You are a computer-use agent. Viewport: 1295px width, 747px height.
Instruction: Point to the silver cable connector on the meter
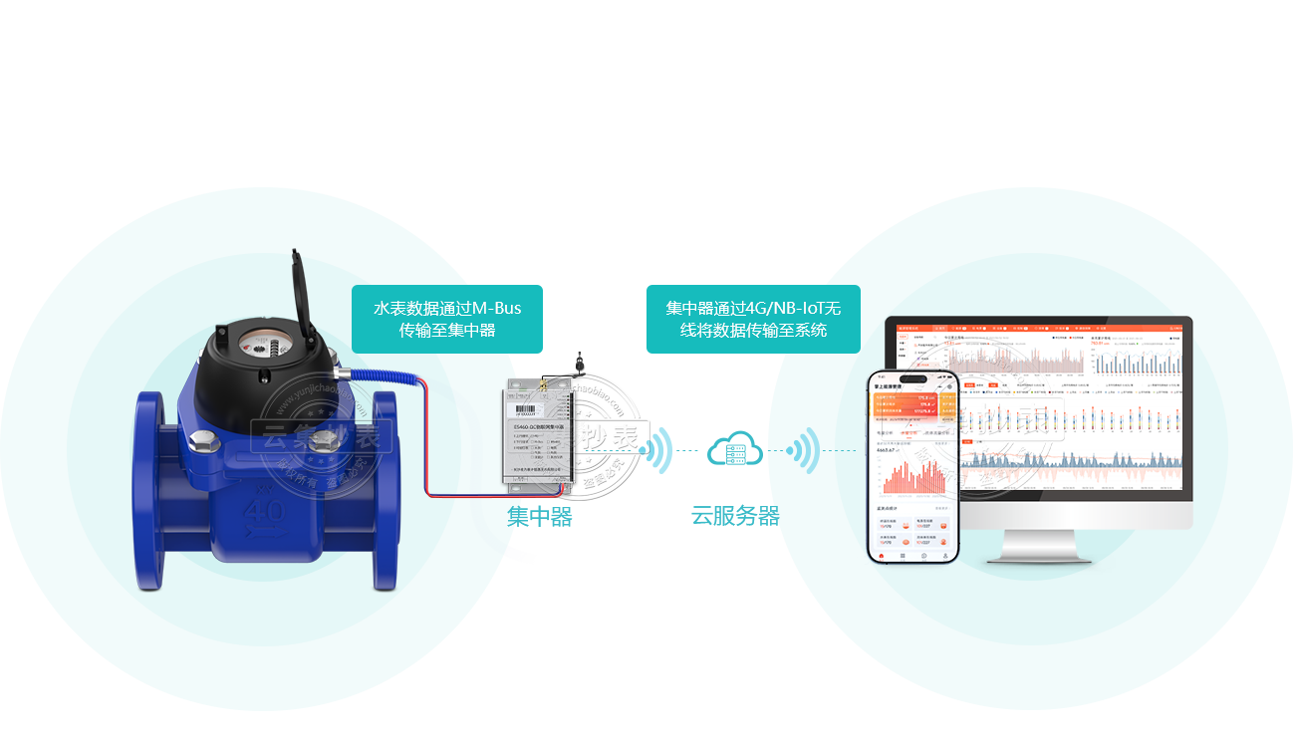point(344,374)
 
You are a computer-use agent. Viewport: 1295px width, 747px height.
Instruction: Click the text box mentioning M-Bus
point(447,319)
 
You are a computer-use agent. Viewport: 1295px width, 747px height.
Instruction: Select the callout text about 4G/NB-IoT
point(752,319)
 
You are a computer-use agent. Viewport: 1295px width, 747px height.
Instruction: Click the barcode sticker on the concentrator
point(524,407)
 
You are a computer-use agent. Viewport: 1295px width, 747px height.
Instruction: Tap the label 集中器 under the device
point(539,517)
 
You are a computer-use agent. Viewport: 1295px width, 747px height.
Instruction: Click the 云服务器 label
point(735,516)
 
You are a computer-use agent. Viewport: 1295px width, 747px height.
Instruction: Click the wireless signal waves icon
point(803,451)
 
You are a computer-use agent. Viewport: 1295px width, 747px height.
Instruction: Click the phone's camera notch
point(912,378)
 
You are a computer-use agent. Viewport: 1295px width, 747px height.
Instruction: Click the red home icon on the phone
point(881,556)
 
